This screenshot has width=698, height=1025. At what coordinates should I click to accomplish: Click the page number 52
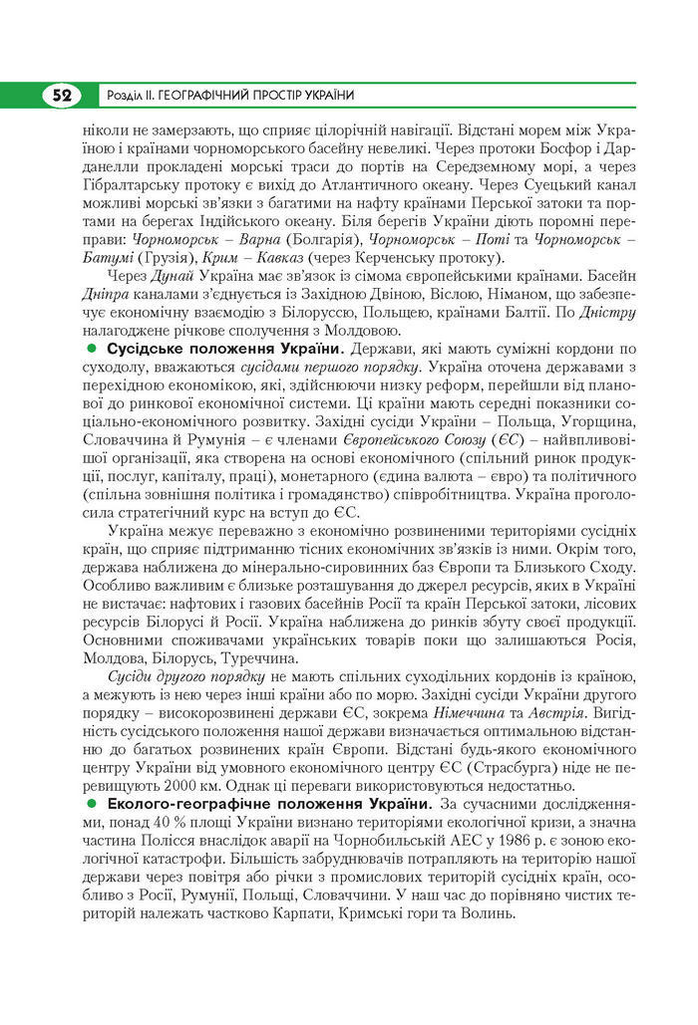pos(61,96)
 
